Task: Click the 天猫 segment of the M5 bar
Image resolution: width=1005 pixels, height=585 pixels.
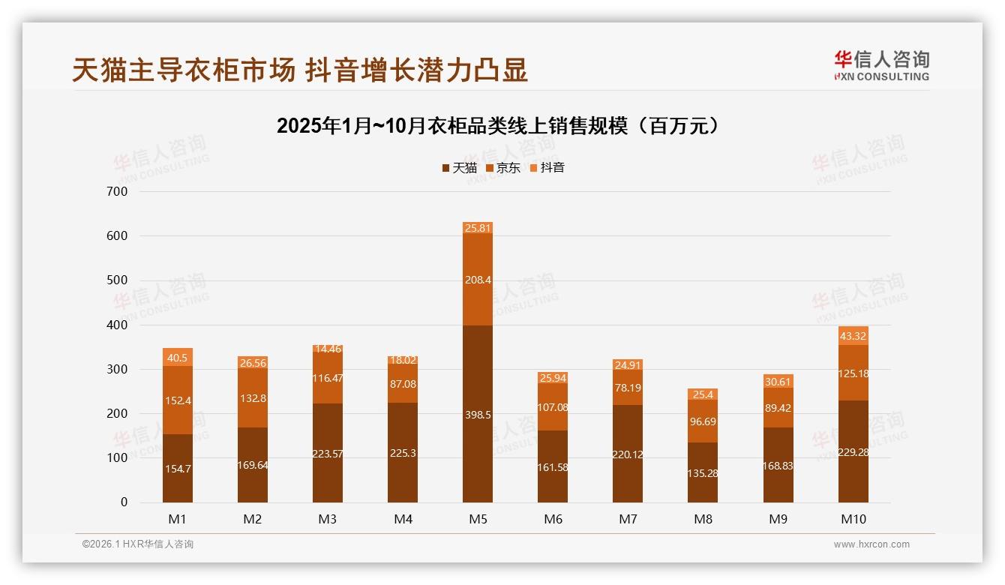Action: pos(478,414)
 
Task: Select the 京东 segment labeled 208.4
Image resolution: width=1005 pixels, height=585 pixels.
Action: pos(478,279)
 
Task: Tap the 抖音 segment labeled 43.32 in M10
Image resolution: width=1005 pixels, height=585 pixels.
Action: pos(853,335)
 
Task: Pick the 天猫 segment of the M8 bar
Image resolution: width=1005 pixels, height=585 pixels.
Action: pos(703,472)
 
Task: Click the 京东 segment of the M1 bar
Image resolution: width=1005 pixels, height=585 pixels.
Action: pos(178,400)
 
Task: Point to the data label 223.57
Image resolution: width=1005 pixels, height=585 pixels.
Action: pos(328,453)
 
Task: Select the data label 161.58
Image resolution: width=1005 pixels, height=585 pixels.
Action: pos(553,467)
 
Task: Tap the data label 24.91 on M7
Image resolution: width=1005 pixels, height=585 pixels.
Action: pos(628,365)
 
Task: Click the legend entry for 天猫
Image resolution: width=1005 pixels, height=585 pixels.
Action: pos(459,168)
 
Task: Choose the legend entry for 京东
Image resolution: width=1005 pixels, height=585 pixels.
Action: pos(503,168)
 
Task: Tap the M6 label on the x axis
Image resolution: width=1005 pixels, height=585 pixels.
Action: pos(553,519)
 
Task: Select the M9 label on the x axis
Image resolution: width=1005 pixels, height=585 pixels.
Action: pos(778,519)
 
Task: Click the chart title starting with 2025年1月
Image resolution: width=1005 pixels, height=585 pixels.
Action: pos(501,126)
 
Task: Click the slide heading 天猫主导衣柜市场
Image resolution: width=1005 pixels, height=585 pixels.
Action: pos(300,70)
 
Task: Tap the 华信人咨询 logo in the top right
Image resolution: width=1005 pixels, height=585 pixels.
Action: pos(881,66)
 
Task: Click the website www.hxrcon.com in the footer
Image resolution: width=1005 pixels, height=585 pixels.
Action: pos(871,544)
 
